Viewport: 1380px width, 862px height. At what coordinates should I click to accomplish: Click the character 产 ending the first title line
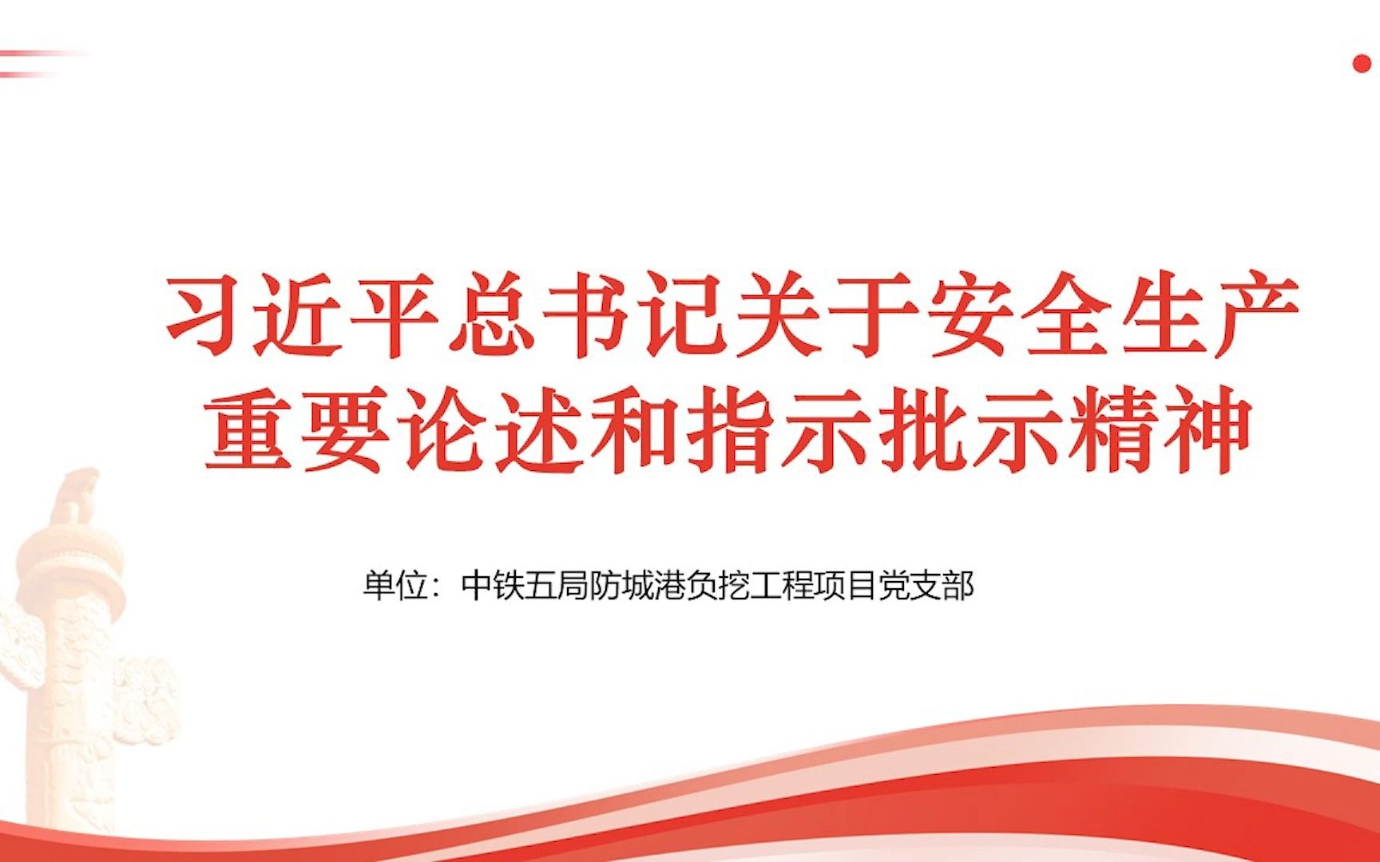coord(1254,315)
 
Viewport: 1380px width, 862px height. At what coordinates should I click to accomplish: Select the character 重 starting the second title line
coord(249,431)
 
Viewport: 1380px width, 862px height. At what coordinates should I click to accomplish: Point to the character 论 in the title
coord(440,431)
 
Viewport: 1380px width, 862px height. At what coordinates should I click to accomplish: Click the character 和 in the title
coord(632,431)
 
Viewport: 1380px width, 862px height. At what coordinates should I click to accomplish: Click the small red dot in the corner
coord(1362,65)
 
